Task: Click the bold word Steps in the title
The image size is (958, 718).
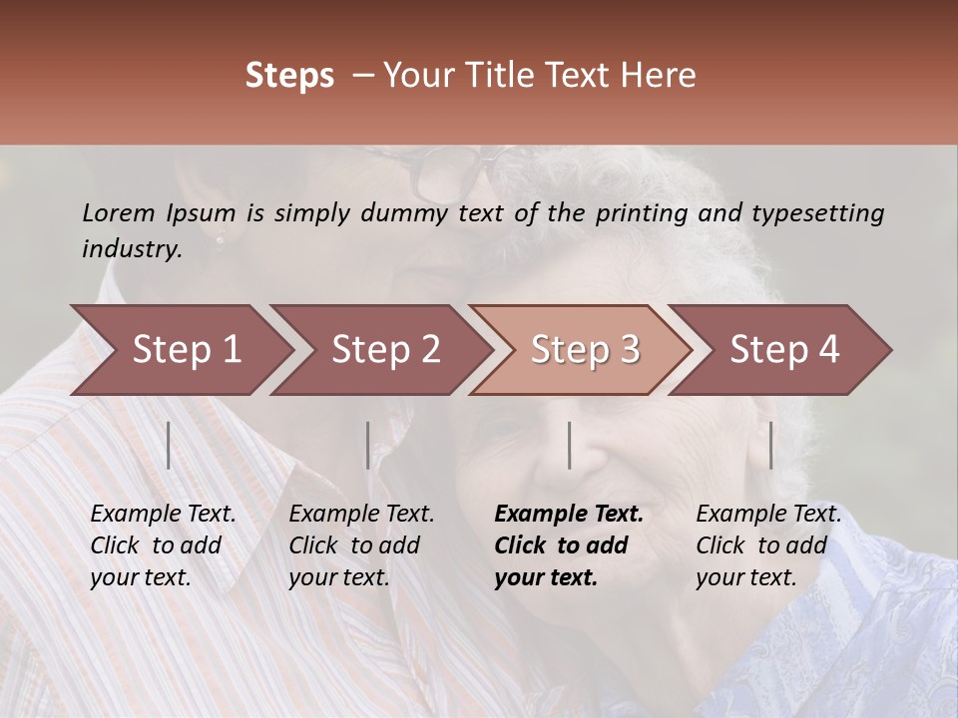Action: point(289,76)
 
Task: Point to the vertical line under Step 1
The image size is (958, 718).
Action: point(169,445)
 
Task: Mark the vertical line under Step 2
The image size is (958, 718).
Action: point(368,445)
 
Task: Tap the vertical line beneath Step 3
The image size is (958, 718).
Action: point(570,445)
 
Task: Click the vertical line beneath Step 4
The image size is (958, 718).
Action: point(771,445)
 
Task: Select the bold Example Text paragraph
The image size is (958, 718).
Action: point(569,545)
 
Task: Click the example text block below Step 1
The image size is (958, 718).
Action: point(163,545)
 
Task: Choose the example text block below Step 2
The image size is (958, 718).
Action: point(361,545)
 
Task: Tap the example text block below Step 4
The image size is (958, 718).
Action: point(768,545)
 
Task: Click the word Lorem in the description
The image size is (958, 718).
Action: point(118,213)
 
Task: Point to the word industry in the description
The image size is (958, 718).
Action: point(132,249)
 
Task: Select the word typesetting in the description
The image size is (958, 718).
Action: point(817,213)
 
